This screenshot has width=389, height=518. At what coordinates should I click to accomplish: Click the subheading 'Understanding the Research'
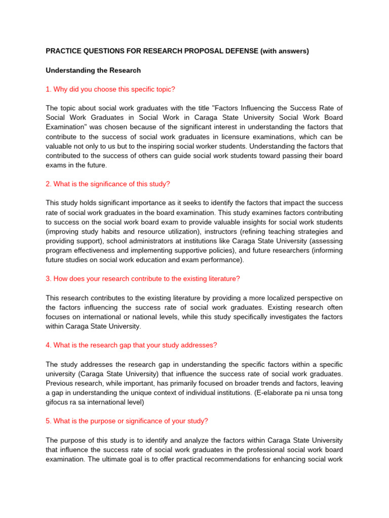click(93, 70)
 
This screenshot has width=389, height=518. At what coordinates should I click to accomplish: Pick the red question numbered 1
click(110, 90)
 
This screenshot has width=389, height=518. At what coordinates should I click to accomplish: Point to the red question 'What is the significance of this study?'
click(111, 184)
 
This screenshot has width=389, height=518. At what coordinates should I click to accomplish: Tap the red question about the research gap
click(131, 345)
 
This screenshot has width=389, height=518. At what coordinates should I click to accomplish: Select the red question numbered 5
click(127, 421)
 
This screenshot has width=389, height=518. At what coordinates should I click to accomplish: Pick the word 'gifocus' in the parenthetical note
click(58, 402)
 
